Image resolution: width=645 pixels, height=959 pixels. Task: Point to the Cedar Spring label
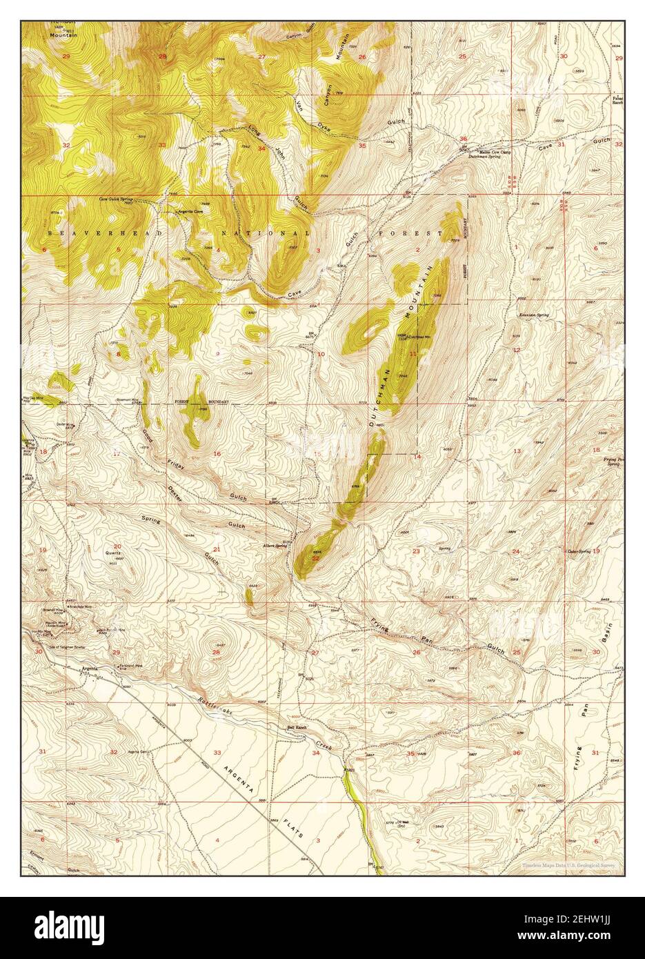[x=579, y=551]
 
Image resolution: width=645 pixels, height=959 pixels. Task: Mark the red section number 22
[x=315, y=558]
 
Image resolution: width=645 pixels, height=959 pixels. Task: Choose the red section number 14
[x=417, y=457]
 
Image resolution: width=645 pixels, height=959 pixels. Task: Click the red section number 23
[x=416, y=551]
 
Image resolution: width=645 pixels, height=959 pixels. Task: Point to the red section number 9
[x=218, y=354]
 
